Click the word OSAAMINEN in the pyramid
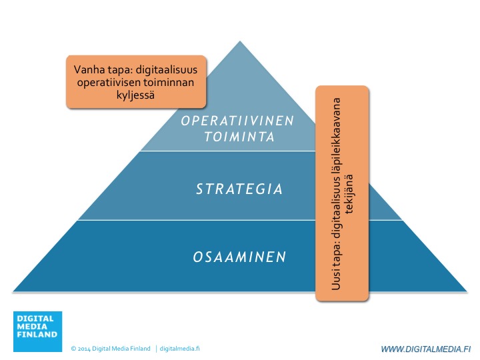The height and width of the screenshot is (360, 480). pos(239,257)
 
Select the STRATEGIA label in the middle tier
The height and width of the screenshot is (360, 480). pos(239,189)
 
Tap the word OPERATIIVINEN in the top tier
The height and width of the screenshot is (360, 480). pos(237,121)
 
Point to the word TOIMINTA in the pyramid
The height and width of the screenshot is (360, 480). pos(239,137)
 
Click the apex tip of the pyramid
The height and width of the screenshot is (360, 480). pos(240,41)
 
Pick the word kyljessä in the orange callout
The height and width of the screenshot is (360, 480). pos(135,95)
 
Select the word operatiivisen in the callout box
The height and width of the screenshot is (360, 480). pos(108,83)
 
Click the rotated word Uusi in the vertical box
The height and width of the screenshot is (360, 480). pos(336,279)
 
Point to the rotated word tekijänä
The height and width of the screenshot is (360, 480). pos(349,194)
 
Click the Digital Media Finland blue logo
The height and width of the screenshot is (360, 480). pos(37,331)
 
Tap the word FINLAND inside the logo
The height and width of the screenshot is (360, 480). pos(37,334)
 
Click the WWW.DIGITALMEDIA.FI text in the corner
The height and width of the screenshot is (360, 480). pos(426,349)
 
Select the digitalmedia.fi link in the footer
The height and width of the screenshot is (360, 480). pos(180,349)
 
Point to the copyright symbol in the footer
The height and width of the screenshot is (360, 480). pos(73,349)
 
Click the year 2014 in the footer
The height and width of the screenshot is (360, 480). pos(84,349)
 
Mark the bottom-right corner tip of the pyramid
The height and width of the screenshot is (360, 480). pos(467,291)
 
